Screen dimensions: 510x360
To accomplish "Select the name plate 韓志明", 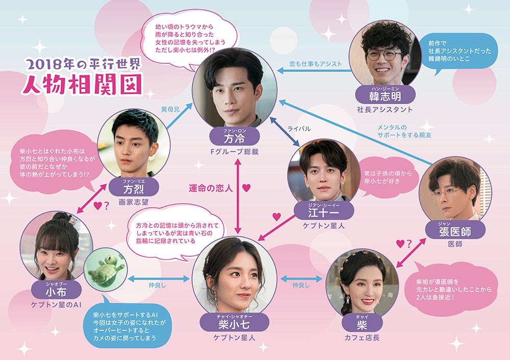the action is click(x=385, y=95).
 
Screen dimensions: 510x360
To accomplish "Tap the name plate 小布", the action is click(x=56, y=291).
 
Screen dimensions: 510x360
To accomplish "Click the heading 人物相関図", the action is click(x=81, y=84).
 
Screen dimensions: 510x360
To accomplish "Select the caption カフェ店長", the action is click(x=362, y=338).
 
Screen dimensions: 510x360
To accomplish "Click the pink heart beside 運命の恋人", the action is click(x=246, y=188).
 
